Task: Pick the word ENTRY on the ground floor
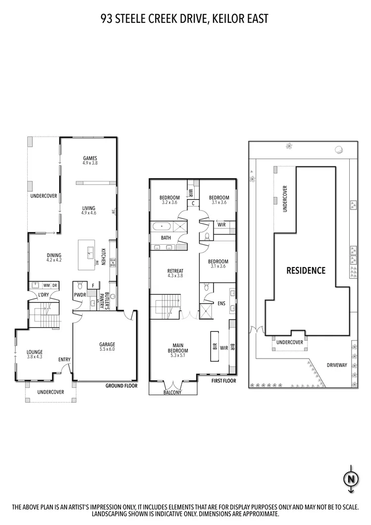pos(64,360)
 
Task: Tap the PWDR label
pos(79,295)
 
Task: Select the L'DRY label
pos(44,296)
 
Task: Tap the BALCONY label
pos(173,393)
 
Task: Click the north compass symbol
pos(351,479)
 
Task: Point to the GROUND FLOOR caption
pos(121,385)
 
